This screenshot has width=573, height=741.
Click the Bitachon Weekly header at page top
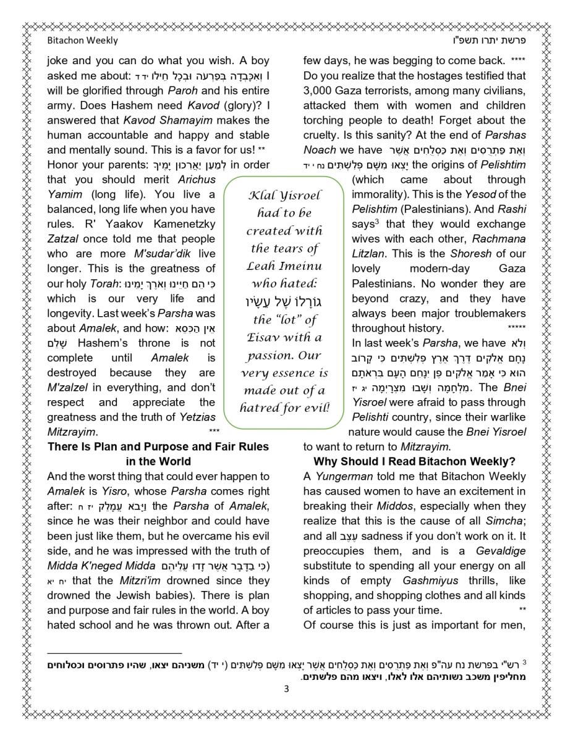point(82,41)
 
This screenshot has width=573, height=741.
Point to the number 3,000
point(321,91)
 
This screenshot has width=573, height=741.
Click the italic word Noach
point(320,150)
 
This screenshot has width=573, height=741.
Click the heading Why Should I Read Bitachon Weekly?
point(414,461)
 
